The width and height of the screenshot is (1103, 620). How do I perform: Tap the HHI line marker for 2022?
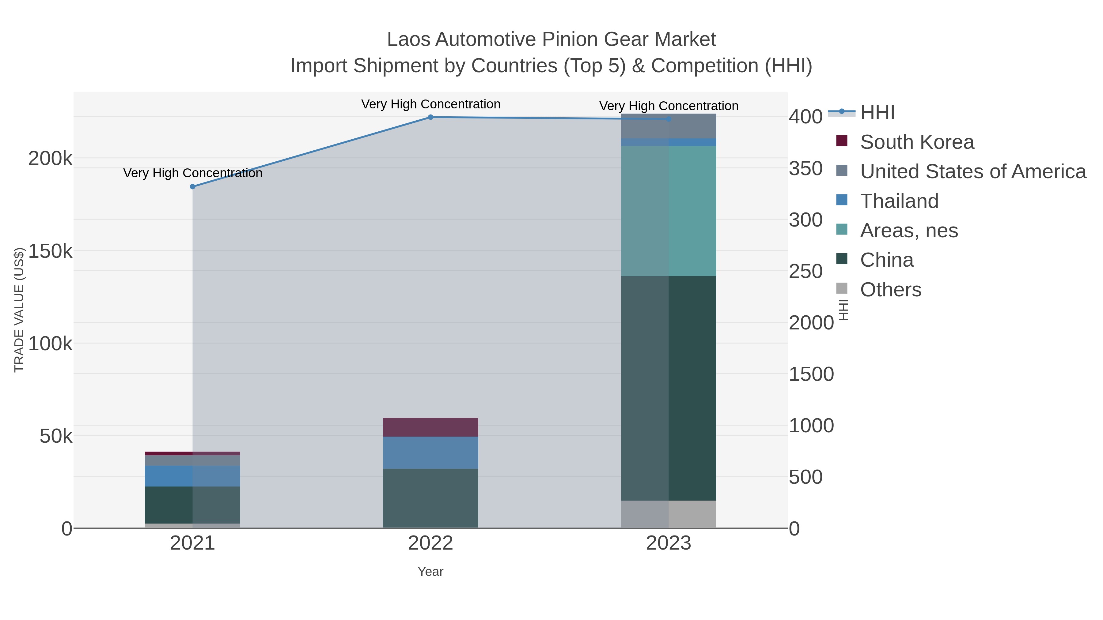tap(430, 117)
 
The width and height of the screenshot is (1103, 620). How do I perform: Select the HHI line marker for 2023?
tap(669, 119)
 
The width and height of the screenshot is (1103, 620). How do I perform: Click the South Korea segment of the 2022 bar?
tap(430, 427)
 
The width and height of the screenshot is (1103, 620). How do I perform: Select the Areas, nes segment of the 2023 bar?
tap(669, 211)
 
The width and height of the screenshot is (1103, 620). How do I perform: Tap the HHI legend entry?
tap(877, 113)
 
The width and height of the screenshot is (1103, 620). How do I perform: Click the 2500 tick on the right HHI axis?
tap(805, 271)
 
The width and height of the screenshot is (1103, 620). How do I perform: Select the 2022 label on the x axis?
tap(430, 543)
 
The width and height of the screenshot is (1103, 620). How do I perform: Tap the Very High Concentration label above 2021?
tap(193, 173)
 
